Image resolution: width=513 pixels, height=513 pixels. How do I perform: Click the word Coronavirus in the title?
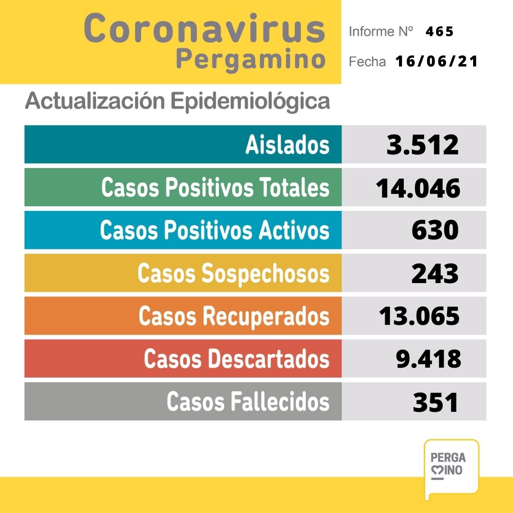click(x=204, y=28)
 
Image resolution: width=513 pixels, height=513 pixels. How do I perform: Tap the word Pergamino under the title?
click(x=250, y=60)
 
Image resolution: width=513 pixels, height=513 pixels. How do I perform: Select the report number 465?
click(x=439, y=32)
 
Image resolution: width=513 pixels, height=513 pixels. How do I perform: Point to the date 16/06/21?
click(x=436, y=62)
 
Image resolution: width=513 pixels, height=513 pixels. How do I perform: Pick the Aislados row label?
click(x=287, y=144)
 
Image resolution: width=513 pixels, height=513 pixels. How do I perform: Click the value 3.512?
click(x=423, y=144)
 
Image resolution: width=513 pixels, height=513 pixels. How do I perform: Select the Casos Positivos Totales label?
click(x=215, y=187)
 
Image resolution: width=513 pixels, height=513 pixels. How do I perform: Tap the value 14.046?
click(x=418, y=188)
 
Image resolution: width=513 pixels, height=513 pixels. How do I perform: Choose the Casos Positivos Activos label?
click(x=214, y=230)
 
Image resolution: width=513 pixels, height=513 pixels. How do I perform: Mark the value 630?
click(x=435, y=230)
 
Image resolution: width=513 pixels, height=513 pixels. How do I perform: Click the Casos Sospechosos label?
click(x=233, y=273)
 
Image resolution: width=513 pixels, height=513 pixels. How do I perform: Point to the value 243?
click(x=435, y=273)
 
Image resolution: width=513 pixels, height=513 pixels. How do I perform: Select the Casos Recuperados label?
click(x=234, y=316)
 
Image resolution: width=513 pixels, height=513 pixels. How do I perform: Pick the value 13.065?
click(x=419, y=316)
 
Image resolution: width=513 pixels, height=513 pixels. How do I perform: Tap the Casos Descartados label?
click(x=237, y=359)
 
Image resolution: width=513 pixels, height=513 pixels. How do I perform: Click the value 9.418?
click(x=428, y=359)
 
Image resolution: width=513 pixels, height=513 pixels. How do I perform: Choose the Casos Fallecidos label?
click(x=247, y=401)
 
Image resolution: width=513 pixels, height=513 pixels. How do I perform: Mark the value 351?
click(x=436, y=402)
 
